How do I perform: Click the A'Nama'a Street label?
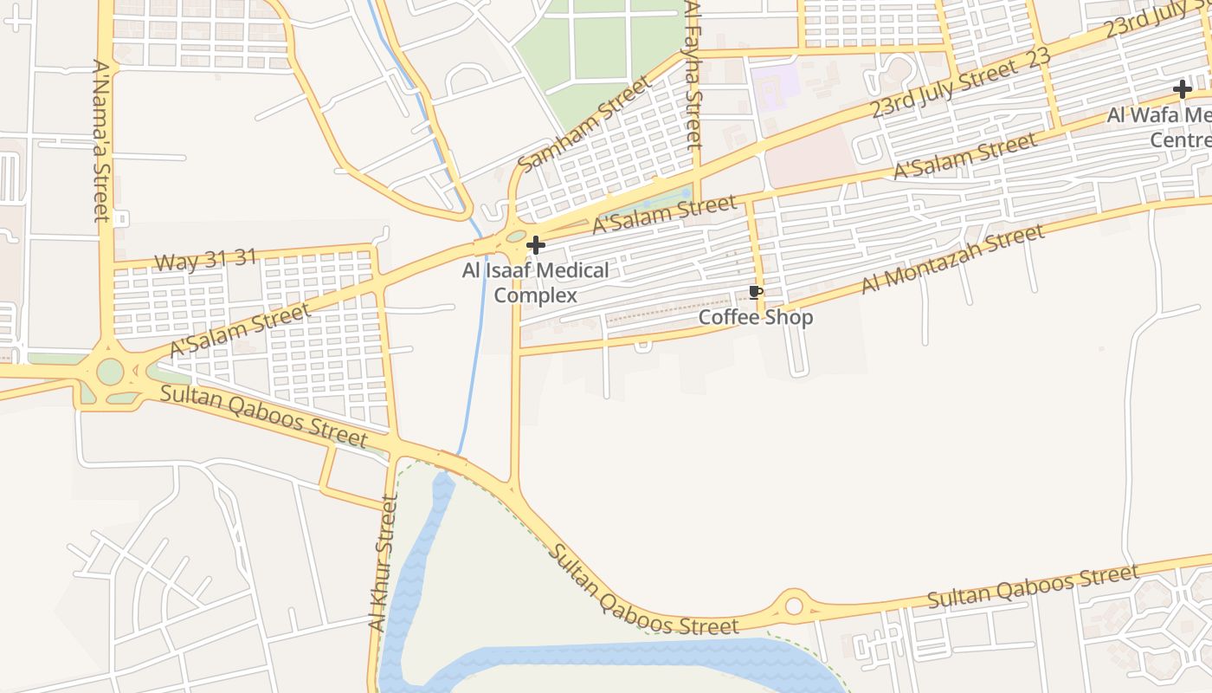102,139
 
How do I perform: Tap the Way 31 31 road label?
205,260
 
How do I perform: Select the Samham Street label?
584,124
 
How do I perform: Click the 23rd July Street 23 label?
960,82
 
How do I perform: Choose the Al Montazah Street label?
952,258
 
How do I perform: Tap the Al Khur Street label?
382,563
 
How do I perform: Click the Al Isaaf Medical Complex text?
535,283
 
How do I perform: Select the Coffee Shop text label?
756,317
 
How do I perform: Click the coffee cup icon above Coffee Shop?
755,292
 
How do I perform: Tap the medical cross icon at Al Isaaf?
536,245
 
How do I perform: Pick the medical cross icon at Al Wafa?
1183,88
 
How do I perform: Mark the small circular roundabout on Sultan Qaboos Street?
794,606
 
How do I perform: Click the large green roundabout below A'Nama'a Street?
110,372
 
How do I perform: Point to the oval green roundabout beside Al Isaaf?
515,236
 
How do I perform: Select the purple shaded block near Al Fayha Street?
775,86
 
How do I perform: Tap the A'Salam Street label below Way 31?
240,329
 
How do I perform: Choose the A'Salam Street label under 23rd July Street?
964,157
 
